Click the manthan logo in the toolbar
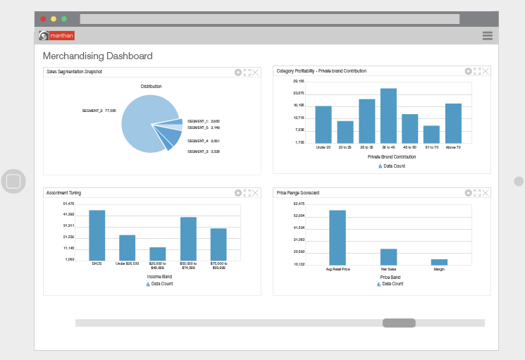pyautogui.click(x=56, y=35)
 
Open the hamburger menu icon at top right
pyautogui.click(x=487, y=36)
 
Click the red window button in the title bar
pyautogui.click(x=43, y=19)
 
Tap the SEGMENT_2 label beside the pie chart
pyautogui.click(x=99, y=111)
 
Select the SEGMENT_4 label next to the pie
pyautogui.click(x=204, y=141)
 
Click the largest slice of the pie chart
pyautogui.click(x=145, y=123)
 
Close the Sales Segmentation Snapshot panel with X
pyautogui.click(x=256, y=72)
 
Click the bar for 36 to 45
pyautogui.click(x=388, y=116)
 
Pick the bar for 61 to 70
pyautogui.click(x=431, y=135)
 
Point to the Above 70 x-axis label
pyautogui.click(x=453, y=147)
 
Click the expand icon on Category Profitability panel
pyautogui.click(x=477, y=71)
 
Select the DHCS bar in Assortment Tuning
pyautogui.click(x=97, y=235)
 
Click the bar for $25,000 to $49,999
pyautogui.click(x=157, y=254)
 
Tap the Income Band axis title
pyautogui.click(x=159, y=277)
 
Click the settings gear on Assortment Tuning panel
pyautogui.click(x=238, y=192)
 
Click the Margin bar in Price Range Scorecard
pyautogui.click(x=439, y=262)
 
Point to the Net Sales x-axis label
pyautogui.click(x=388, y=269)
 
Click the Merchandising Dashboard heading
pyautogui.click(x=97, y=56)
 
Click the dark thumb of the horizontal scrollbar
pyautogui.click(x=399, y=323)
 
